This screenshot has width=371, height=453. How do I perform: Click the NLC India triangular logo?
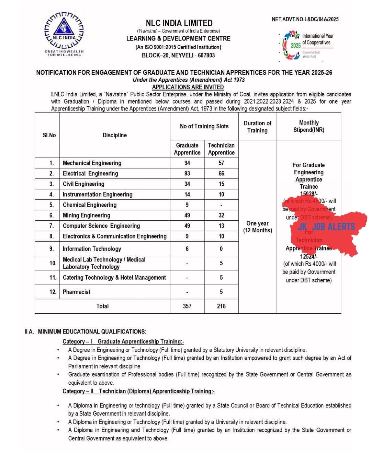(64, 31)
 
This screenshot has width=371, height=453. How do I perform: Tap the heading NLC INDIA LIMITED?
(179, 23)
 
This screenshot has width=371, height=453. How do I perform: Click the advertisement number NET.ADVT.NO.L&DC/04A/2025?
(305, 19)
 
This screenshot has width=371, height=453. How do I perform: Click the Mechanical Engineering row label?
(92, 163)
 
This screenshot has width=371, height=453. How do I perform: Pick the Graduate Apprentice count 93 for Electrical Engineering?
(187, 174)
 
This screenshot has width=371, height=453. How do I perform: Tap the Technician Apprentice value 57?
(221, 163)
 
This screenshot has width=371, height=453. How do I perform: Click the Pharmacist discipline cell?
(77, 292)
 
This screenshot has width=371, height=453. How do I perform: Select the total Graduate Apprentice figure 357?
(187, 306)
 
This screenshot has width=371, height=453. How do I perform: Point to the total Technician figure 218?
(221, 306)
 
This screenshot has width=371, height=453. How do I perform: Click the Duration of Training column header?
(257, 127)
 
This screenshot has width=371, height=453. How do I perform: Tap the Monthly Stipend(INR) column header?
(309, 126)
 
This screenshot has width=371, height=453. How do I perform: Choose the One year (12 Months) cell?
(257, 227)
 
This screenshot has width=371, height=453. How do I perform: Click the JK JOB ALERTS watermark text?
(326, 227)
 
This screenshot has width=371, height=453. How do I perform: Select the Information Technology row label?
(92, 249)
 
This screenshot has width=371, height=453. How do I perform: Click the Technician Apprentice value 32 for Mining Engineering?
(221, 216)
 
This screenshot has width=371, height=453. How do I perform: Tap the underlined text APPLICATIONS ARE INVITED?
(188, 87)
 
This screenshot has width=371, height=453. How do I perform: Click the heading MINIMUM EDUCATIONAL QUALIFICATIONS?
(92, 332)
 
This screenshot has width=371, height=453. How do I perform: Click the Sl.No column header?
(49, 135)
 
